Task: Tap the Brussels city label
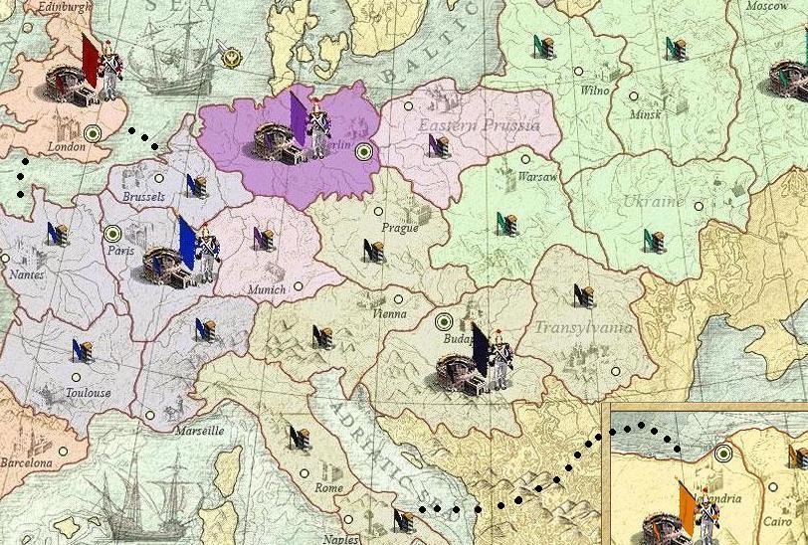pos(143,197)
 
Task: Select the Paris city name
pos(120,251)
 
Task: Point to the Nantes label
pos(25,273)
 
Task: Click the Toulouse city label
pos(88,393)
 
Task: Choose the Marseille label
pos(198,432)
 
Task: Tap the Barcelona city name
pos(25,463)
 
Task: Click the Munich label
pos(265,289)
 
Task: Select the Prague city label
pos(400,227)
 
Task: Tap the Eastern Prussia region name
pos(479,125)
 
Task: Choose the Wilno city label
pos(594,91)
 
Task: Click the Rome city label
pos(328,488)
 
